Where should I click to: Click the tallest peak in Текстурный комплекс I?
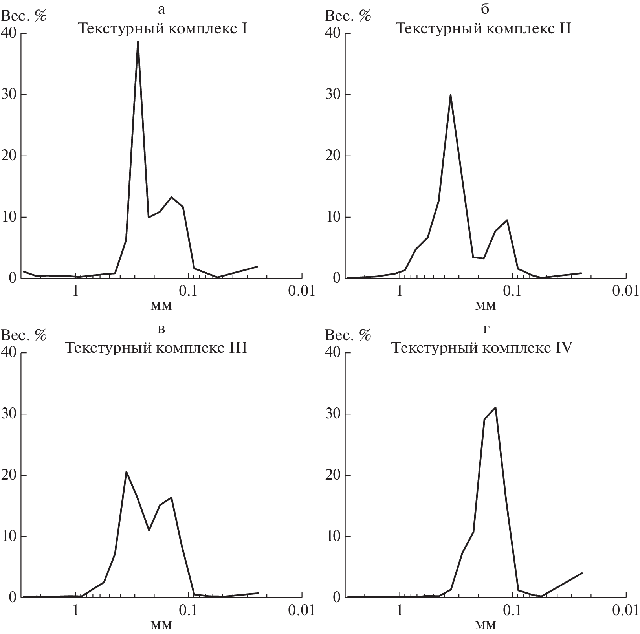(138, 42)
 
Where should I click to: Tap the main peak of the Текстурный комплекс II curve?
(450, 95)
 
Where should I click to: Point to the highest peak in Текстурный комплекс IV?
(496, 407)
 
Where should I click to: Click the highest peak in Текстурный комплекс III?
(126, 472)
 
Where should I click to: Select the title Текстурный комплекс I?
(162, 29)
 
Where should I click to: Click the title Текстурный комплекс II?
(483, 29)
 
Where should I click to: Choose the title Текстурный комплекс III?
(156, 348)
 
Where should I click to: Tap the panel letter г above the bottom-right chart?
(486, 329)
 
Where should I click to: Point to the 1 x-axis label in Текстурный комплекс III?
(76, 611)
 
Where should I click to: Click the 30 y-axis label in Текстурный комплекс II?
(334, 95)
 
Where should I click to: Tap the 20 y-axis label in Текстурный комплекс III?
(10, 475)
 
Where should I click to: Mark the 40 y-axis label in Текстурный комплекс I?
(10, 34)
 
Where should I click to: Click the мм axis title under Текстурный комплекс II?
(486, 305)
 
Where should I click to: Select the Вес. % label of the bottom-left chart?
(24, 335)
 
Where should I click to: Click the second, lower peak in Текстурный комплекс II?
(507, 220)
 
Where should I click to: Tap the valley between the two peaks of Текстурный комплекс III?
(149, 530)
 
